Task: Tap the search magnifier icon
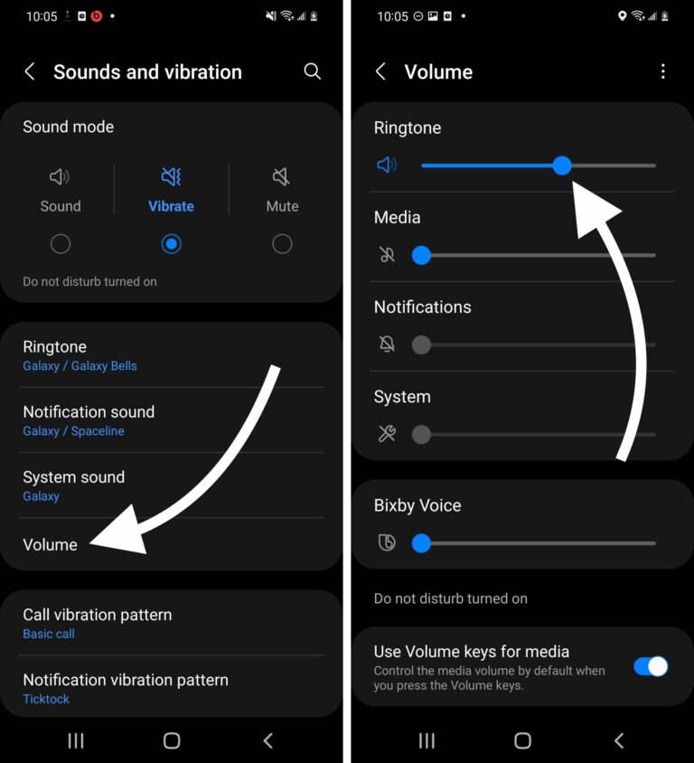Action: coord(313,71)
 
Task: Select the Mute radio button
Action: coord(282,243)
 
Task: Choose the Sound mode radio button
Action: coord(61,243)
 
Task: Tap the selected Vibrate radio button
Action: coord(171,243)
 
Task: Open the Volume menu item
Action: coord(51,544)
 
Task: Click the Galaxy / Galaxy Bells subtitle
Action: coord(80,366)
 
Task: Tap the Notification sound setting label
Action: coord(89,412)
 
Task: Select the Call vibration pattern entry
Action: coord(97,615)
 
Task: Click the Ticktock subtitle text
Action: coord(46,699)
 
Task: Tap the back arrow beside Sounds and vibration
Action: coord(30,71)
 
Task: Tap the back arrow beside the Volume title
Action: coord(380,71)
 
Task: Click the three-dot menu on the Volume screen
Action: coord(663,71)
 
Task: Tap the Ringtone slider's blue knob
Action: coord(562,165)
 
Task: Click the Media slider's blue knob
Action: coord(421,255)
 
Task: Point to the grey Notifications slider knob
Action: coord(421,344)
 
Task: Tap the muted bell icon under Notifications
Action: coord(387,344)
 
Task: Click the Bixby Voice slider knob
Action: coord(421,543)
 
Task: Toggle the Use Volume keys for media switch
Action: coord(651,667)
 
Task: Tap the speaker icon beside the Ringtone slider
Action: coord(387,165)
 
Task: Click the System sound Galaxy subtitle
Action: coord(41,496)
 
